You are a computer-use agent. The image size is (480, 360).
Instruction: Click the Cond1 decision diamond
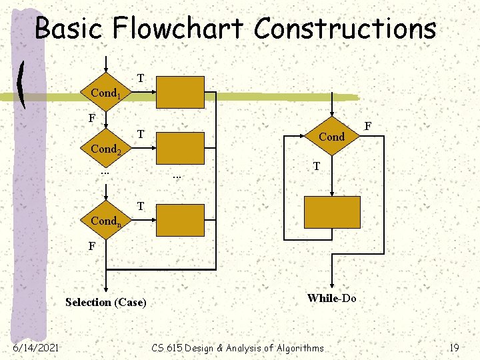(105, 93)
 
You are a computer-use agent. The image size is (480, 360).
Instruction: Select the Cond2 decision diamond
(105, 149)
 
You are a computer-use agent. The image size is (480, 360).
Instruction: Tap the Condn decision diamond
(105, 220)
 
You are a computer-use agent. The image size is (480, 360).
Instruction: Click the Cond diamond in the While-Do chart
(331, 137)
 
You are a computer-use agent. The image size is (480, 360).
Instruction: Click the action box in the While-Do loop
(331, 213)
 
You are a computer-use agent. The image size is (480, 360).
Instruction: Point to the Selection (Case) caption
(105, 302)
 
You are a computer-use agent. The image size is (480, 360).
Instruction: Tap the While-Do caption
(331, 298)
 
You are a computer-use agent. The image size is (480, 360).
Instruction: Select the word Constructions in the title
(345, 29)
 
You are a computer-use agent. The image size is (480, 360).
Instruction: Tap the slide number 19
(454, 347)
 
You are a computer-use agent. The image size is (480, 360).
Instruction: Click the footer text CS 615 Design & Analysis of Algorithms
(237, 347)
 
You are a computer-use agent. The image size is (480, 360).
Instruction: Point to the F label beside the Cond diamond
(369, 125)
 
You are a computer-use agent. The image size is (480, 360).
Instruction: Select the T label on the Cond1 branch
(141, 78)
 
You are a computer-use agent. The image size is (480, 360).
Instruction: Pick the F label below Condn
(93, 246)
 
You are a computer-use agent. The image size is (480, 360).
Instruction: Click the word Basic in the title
(69, 29)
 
